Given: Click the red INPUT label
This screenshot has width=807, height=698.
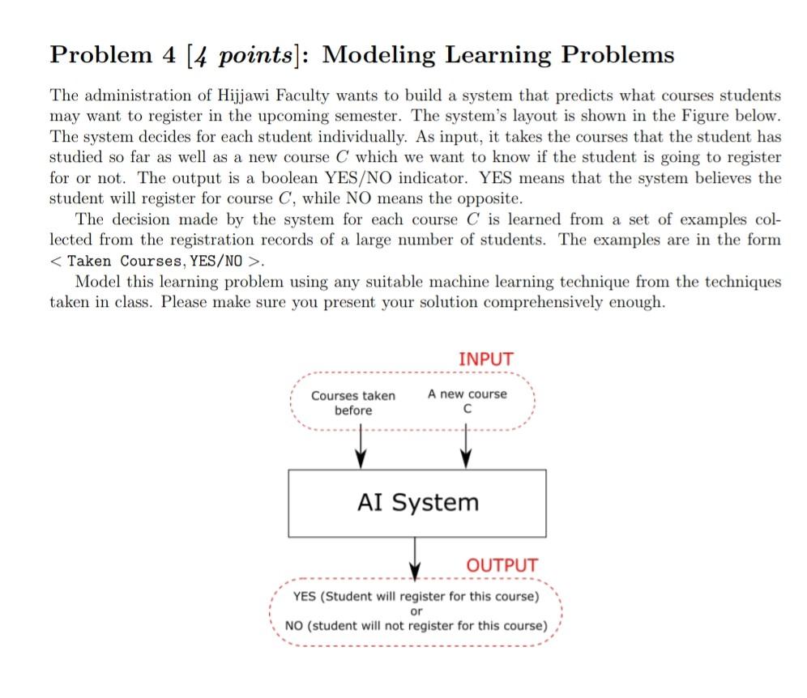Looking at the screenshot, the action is (485, 358).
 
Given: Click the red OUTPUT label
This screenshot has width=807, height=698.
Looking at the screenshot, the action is (502, 565).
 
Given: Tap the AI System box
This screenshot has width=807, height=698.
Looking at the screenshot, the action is (417, 503).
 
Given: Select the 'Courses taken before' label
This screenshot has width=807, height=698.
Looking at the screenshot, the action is (353, 402).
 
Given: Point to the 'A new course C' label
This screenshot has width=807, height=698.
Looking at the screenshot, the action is (468, 402).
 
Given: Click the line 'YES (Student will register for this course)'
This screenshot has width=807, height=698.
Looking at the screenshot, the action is (416, 597).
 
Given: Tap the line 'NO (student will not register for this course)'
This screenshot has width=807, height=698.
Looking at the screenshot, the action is (416, 626).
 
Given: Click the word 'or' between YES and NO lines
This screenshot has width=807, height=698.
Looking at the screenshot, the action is (416, 611).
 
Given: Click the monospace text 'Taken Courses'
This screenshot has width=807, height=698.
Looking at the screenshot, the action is (126, 261).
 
